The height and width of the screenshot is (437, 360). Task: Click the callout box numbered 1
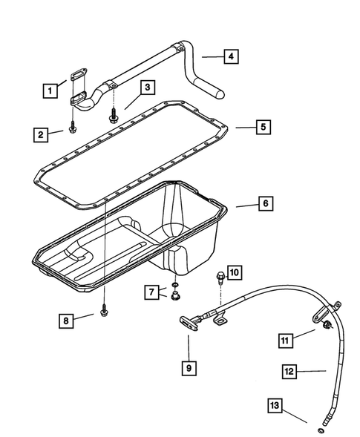50,91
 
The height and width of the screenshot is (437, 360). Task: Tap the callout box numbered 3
148,88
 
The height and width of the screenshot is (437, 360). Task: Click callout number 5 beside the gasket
262,127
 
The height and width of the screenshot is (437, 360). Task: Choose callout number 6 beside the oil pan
262,202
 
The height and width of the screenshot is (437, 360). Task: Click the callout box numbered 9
189,365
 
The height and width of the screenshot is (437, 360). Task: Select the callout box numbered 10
232,273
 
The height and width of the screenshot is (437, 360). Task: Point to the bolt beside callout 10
219,279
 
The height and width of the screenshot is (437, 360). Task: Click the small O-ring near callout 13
319,430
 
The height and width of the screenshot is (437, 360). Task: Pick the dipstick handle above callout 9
186,320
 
